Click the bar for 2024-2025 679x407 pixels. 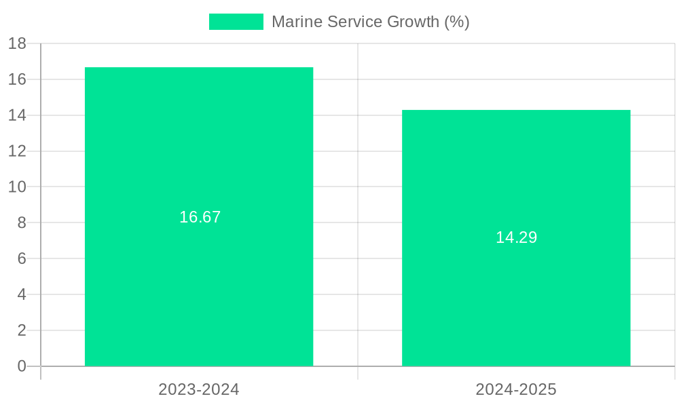click(516, 285)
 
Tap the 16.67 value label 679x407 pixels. click(200, 217)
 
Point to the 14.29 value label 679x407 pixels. click(516, 237)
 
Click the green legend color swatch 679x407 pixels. click(236, 22)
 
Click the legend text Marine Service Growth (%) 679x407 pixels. click(370, 22)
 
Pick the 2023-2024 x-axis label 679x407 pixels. click(199, 389)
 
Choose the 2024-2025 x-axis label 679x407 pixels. click(516, 389)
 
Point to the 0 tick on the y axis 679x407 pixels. click(22, 366)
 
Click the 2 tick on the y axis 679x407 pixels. click(22, 330)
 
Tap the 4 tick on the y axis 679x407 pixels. click(22, 294)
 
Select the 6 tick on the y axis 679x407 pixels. click(22, 258)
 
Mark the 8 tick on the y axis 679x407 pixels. click(22, 222)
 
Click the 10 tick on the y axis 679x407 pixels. click(17, 187)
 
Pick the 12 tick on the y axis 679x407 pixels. click(17, 151)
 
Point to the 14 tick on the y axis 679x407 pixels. click(17, 115)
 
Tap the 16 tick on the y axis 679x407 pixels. click(17, 79)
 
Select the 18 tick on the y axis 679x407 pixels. click(17, 43)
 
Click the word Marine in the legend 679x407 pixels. click(297, 22)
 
